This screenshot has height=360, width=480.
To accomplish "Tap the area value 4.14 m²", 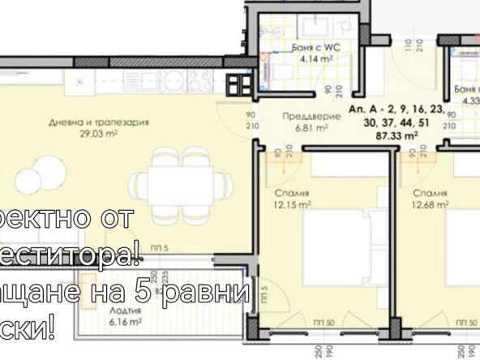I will pyautogui.click(x=309, y=59).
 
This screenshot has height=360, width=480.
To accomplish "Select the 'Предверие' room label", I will pyautogui.click(x=304, y=116).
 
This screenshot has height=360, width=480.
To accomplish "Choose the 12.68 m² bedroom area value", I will pyautogui.click(x=430, y=205).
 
